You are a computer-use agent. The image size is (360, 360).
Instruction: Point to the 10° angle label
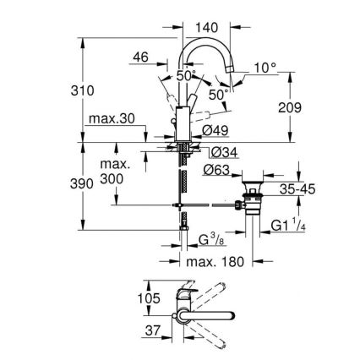(x=267, y=66)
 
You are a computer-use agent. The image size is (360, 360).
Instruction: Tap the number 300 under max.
(x=112, y=179)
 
